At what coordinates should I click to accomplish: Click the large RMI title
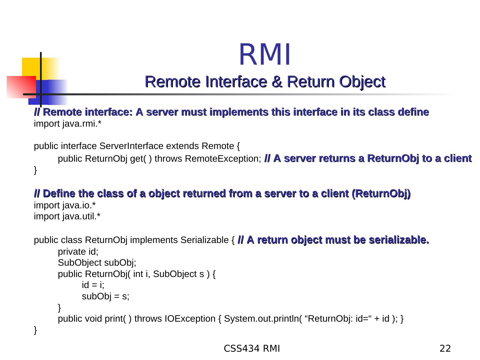(x=265, y=55)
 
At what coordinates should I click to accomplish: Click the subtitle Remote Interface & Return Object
(x=265, y=82)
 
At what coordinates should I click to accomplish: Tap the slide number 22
(x=445, y=349)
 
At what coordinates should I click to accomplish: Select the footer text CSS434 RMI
(x=252, y=349)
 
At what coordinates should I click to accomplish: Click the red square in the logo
(x=21, y=87)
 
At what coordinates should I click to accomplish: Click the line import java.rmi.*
(x=68, y=124)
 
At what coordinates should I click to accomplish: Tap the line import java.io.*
(x=65, y=205)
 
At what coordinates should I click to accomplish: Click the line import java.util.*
(x=67, y=217)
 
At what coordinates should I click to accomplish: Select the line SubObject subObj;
(x=97, y=263)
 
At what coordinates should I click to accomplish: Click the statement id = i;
(x=93, y=285)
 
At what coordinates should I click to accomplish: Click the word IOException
(x=190, y=319)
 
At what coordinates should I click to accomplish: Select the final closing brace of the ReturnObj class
(x=36, y=330)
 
